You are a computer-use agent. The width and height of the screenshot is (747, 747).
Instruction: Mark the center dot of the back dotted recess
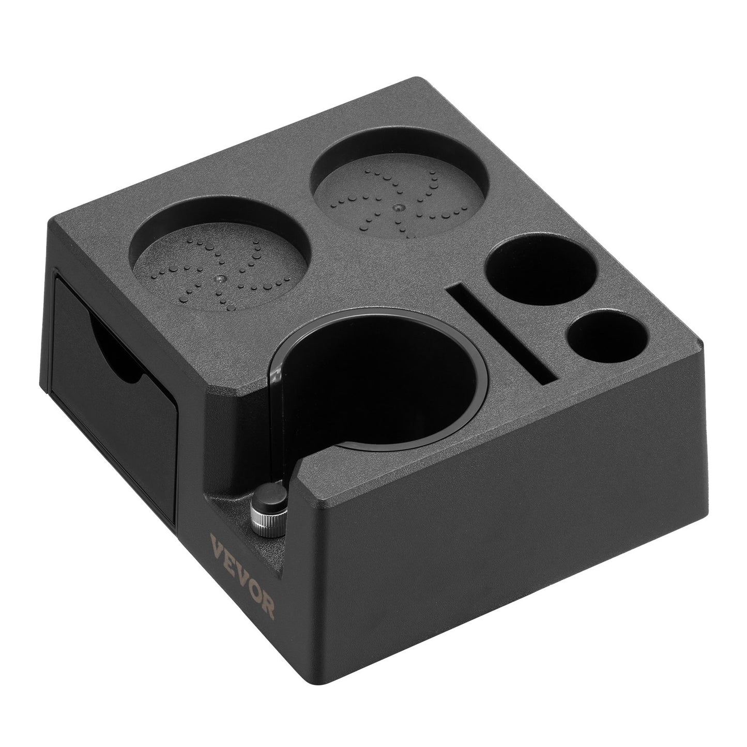pos(398,208)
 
